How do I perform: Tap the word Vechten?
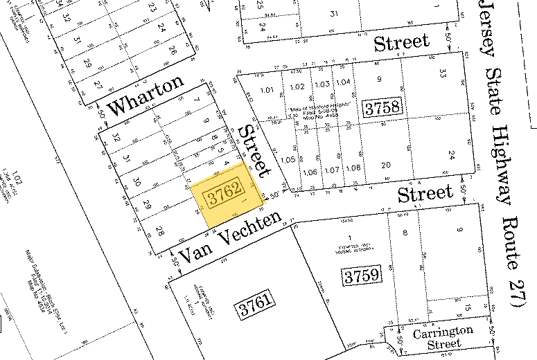point(250,231)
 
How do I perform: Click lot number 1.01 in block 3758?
point(267,89)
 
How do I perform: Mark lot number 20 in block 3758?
point(386,164)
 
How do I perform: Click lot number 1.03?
point(321,84)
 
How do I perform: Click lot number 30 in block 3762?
point(137,182)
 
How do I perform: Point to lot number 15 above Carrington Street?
point(468,308)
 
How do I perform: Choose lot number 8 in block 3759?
point(405,233)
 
